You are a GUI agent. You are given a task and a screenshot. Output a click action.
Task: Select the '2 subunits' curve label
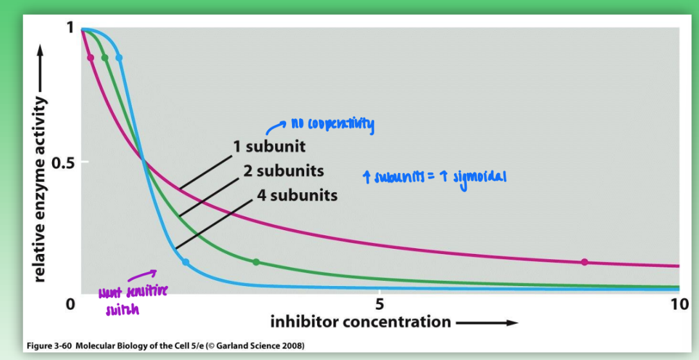(x=283, y=171)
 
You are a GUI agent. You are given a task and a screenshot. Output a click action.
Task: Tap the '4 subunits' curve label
(x=296, y=195)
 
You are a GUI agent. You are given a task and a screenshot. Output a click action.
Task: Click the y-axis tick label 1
(x=69, y=27)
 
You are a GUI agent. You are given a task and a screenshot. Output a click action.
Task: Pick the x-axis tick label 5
(x=379, y=303)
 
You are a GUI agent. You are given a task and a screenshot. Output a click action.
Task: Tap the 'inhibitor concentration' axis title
(x=360, y=321)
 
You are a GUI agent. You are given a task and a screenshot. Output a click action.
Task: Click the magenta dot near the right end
(x=584, y=262)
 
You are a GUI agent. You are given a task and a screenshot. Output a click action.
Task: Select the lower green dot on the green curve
(x=256, y=262)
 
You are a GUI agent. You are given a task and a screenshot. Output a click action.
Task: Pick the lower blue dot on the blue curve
(x=185, y=262)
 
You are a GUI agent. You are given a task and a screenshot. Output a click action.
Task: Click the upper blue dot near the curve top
(x=119, y=58)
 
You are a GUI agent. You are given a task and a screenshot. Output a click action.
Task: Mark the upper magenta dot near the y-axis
(x=90, y=58)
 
